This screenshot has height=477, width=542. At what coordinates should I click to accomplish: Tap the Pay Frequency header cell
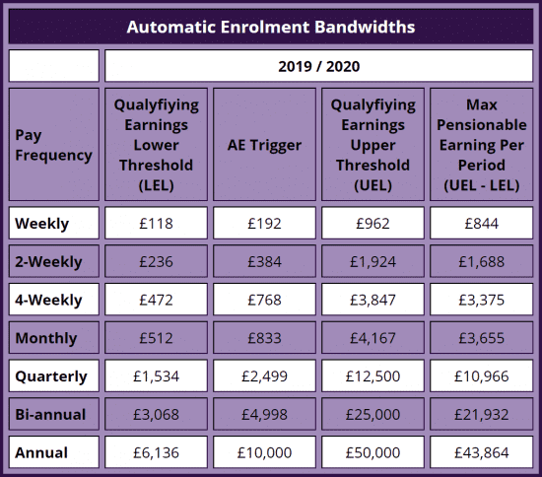point(53,145)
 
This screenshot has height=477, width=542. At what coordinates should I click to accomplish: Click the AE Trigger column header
point(264,145)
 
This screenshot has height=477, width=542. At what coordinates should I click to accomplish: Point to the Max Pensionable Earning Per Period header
point(481,145)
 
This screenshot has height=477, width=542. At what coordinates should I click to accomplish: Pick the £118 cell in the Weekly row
point(156,224)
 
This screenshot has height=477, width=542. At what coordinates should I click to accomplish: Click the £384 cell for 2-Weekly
point(264,262)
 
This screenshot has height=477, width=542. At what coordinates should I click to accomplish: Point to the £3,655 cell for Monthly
point(481,338)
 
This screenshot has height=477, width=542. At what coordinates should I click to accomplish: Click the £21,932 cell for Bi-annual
point(481,415)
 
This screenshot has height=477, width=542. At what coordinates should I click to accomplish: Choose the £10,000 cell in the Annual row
point(264,452)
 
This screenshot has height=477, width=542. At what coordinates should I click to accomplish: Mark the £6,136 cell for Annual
point(156,452)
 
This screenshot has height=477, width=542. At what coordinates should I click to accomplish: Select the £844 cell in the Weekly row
point(481,224)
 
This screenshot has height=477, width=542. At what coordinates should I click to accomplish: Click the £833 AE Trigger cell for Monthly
point(264,338)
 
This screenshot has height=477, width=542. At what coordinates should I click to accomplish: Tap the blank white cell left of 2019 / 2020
point(53,66)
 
